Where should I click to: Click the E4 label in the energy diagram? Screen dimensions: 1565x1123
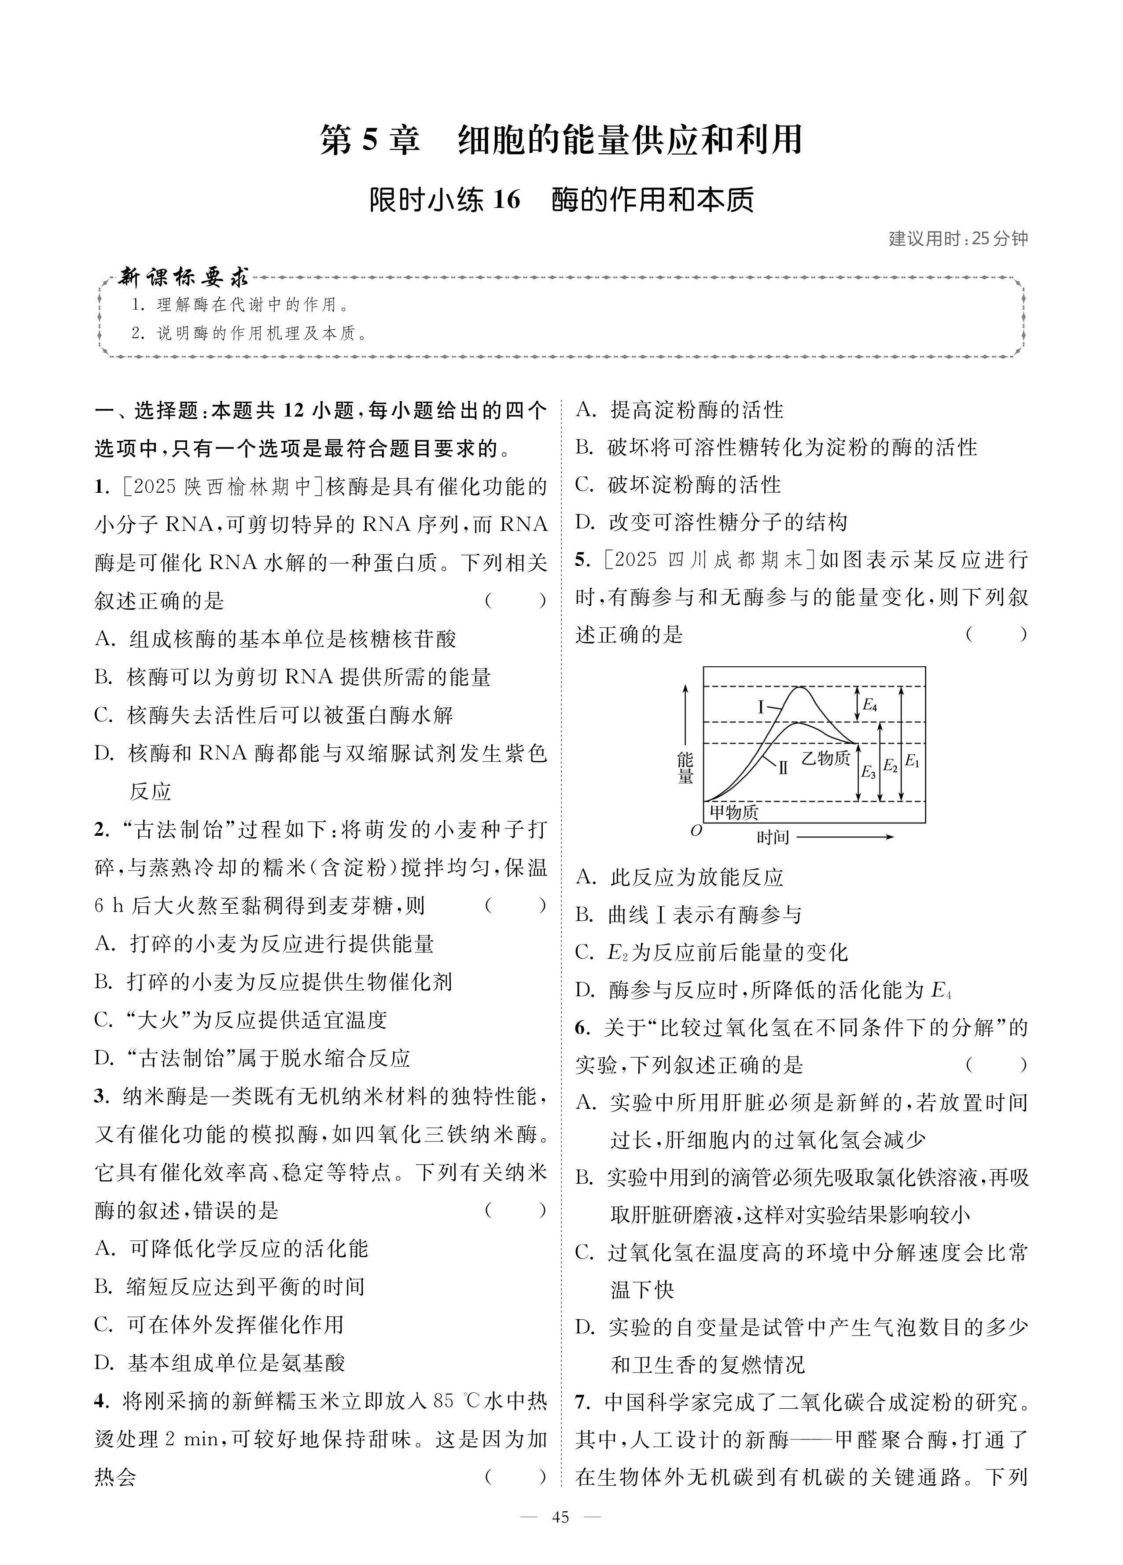(870, 705)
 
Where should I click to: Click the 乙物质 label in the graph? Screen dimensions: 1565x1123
(825, 758)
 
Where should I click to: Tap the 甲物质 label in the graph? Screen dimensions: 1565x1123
(734, 812)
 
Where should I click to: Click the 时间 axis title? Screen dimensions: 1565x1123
(773, 838)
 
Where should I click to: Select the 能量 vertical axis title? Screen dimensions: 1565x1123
(685, 768)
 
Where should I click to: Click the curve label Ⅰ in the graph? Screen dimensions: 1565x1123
(762, 707)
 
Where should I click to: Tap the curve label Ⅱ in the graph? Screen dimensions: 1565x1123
(783, 768)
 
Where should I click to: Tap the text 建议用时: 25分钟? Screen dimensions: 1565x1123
(957, 239)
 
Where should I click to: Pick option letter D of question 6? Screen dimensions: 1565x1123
(585, 1327)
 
